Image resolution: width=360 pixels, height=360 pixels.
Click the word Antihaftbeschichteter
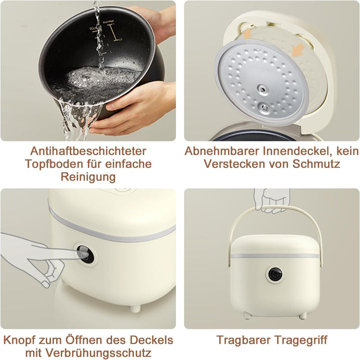point(88,151)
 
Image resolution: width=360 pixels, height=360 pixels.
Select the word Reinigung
point(88,177)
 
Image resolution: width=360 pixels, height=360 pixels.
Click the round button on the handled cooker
point(273,274)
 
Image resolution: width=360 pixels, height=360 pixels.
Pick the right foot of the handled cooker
point(301,315)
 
